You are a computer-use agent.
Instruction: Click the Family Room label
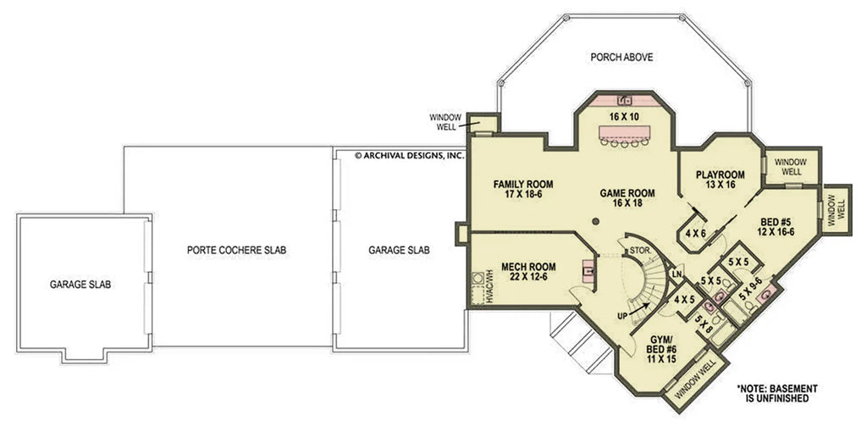pos(523,189)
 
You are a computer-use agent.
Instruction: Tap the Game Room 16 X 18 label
pos(627,198)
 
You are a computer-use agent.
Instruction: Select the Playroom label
pos(720,180)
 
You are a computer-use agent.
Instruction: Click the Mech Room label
pos(528,272)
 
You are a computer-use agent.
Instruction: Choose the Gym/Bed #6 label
pos(660,349)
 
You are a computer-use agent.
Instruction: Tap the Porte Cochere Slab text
pos(237,251)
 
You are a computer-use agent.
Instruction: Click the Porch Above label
pos(621,57)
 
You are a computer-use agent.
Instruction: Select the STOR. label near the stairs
pos(639,251)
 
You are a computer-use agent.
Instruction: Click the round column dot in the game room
pos(595,222)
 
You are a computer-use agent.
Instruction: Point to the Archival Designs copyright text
pos(409,155)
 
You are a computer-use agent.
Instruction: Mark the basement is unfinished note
pos(776,393)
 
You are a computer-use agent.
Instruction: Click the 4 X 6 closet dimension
pos(696,234)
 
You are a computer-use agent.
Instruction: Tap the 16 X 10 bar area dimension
pos(624,117)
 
